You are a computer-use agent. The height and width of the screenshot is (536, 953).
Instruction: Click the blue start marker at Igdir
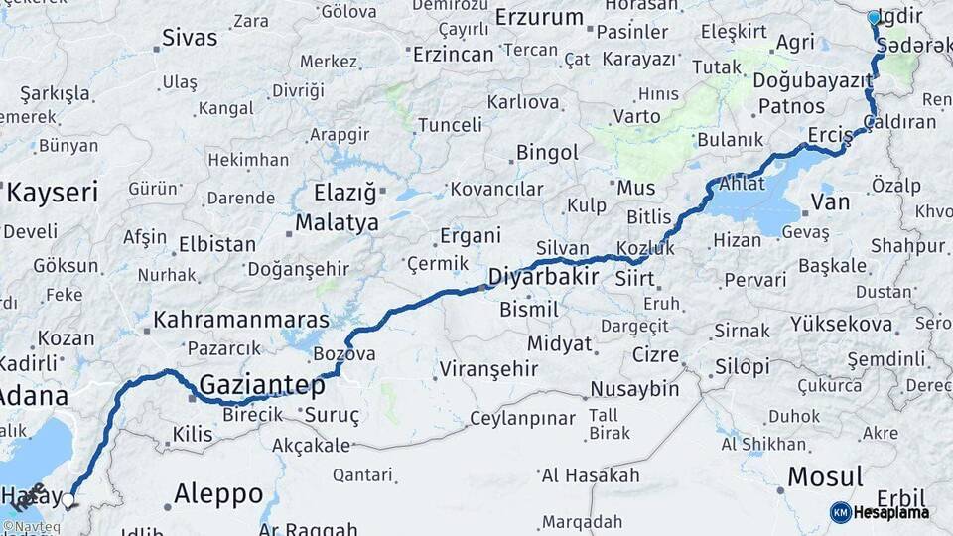(x=874, y=17)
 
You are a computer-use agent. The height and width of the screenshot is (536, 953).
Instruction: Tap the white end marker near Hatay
(x=68, y=499)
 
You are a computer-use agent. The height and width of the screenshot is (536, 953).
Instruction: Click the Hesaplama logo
(x=880, y=512)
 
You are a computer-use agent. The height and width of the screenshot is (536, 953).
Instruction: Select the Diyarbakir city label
(x=543, y=276)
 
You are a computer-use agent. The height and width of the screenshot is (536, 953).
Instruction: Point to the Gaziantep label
(x=262, y=384)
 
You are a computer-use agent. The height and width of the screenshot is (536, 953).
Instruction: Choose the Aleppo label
(x=218, y=493)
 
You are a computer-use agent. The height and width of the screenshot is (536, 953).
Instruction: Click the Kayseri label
(x=52, y=192)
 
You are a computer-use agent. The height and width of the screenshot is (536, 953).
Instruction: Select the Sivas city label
(x=189, y=39)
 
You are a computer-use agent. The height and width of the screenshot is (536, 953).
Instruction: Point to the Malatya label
(x=337, y=222)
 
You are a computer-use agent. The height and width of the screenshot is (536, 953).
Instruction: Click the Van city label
(x=830, y=202)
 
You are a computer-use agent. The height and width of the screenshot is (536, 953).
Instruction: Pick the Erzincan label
(x=453, y=54)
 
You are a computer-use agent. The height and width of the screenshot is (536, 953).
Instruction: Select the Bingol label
(x=547, y=153)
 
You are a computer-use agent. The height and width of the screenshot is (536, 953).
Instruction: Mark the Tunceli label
(x=450, y=125)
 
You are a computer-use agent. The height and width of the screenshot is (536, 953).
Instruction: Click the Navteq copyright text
(x=30, y=526)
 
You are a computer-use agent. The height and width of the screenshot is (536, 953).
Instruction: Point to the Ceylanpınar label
(x=522, y=418)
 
